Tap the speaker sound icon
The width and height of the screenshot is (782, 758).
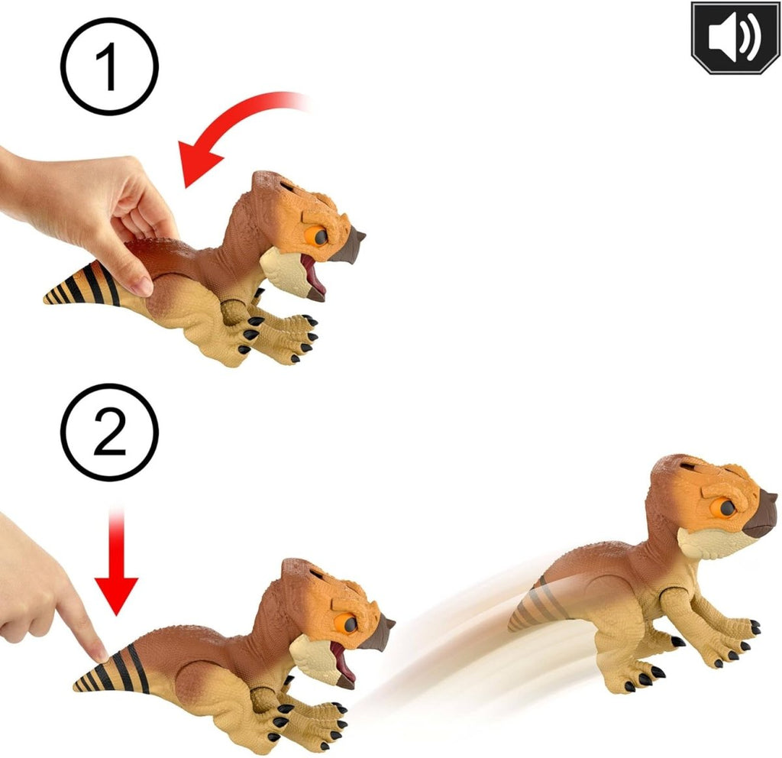[735, 37]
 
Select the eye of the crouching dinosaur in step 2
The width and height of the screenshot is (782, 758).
[348, 624]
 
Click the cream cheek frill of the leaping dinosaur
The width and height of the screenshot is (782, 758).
[703, 544]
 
